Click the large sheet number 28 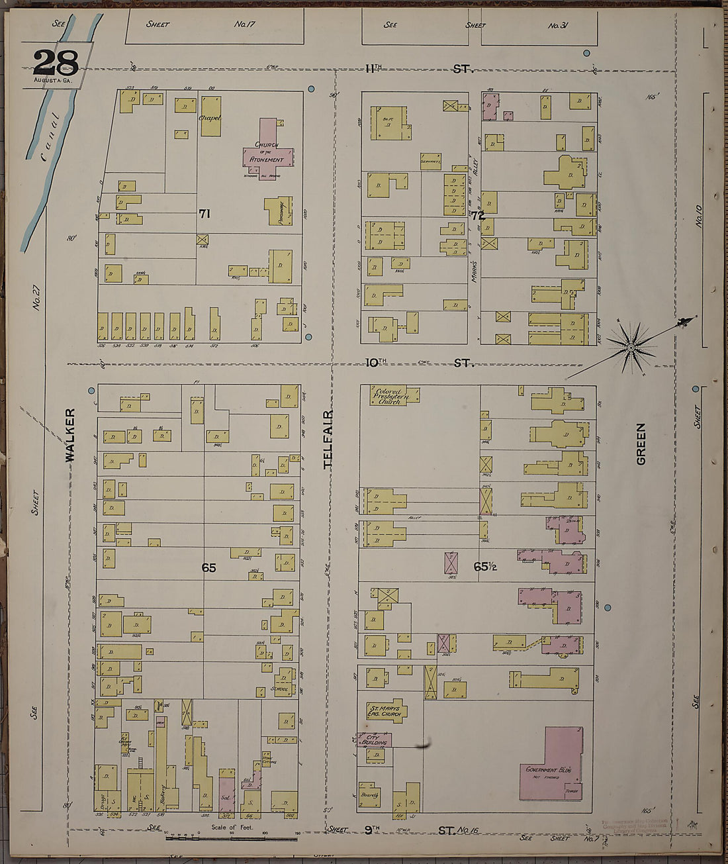pos(56,63)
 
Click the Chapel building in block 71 pos(210,117)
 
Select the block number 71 pos(205,213)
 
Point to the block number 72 pos(478,215)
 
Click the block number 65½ pos(485,567)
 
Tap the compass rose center pos(631,347)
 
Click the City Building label pos(374,740)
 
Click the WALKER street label pos(70,434)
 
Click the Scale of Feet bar pos(232,838)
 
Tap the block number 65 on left pos(209,567)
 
